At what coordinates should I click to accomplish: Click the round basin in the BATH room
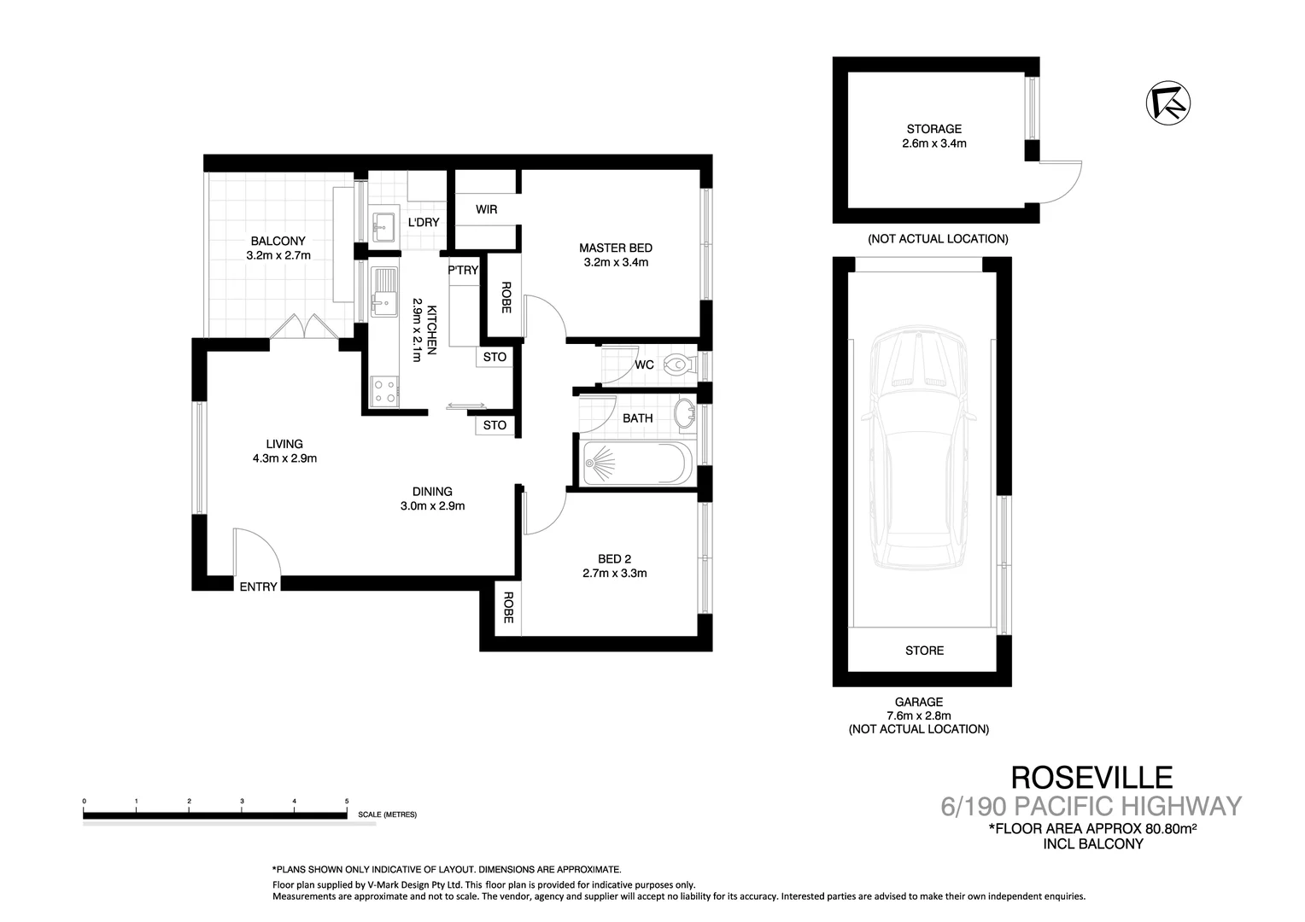pyautogui.click(x=685, y=413)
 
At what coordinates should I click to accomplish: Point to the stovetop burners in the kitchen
pyautogui.click(x=384, y=391)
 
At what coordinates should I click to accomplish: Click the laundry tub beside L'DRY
pyautogui.click(x=383, y=225)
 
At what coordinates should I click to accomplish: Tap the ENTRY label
pyautogui.click(x=258, y=586)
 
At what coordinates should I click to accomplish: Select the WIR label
pyautogui.click(x=486, y=209)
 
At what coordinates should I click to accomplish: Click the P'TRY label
pyautogui.click(x=463, y=271)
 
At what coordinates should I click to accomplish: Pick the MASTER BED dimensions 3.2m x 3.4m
pyautogui.click(x=616, y=262)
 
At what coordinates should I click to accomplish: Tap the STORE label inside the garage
pyautogui.click(x=924, y=651)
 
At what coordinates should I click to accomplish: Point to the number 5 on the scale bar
pyautogui.click(x=347, y=802)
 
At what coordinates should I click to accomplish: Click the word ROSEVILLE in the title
pyautogui.click(x=1091, y=777)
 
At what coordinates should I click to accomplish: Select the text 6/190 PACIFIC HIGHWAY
pyautogui.click(x=1091, y=806)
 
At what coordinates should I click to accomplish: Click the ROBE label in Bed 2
pyautogui.click(x=507, y=607)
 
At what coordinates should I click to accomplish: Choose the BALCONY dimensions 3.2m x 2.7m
pyautogui.click(x=278, y=255)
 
